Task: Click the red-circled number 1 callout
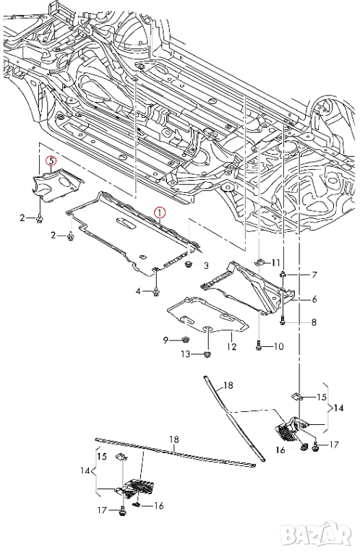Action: (x=159, y=212)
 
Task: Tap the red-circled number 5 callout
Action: (x=51, y=161)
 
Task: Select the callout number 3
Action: (x=206, y=265)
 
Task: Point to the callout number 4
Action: (x=138, y=291)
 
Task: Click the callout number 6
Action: (x=314, y=299)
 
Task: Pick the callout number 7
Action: (x=314, y=275)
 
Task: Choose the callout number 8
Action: (x=314, y=322)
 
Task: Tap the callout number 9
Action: (x=166, y=340)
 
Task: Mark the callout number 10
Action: (x=279, y=346)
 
